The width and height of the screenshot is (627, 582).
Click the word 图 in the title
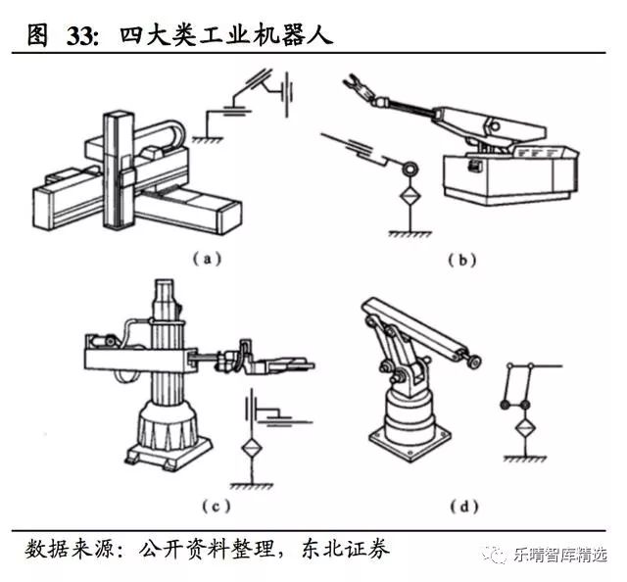coord(38,36)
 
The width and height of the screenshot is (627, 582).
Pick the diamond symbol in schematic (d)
coord(520,428)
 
